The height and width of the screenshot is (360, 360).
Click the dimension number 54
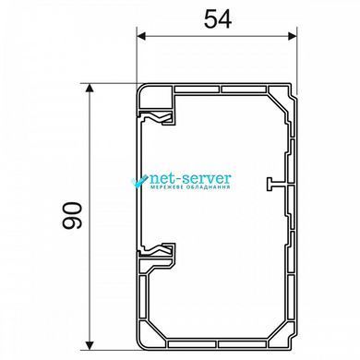click(218, 18)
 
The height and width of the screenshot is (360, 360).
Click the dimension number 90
click(72, 215)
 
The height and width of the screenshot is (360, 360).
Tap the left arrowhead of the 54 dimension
click(141, 36)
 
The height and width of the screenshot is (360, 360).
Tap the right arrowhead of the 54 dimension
click(293, 36)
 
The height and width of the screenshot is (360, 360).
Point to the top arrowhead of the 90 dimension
click(90, 89)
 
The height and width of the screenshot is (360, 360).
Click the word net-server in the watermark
click(190, 178)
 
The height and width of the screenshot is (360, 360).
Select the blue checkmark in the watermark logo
click(139, 181)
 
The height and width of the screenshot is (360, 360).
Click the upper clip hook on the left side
click(158, 118)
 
